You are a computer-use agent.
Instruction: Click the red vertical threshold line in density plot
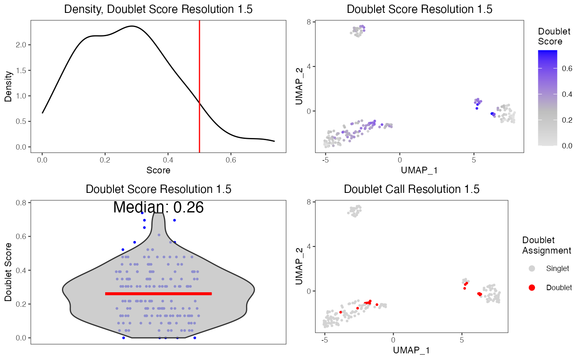coord(200,83)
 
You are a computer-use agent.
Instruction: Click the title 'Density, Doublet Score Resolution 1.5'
coord(158,10)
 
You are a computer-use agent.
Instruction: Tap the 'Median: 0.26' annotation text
coord(158,207)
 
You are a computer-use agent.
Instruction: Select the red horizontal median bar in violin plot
coord(158,293)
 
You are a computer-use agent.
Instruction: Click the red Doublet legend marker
coord(532,287)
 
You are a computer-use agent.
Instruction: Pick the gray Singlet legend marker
coord(532,269)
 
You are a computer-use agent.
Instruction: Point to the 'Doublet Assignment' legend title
coord(546,245)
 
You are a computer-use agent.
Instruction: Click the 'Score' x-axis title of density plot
coord(158,170)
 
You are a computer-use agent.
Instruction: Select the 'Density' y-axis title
coord(8,86)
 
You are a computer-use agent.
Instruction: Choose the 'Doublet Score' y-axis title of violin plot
coord(8,272)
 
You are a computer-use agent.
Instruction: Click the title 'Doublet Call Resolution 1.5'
coord(412,189)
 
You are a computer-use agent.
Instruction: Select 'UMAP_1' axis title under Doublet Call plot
coord(411,350)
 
